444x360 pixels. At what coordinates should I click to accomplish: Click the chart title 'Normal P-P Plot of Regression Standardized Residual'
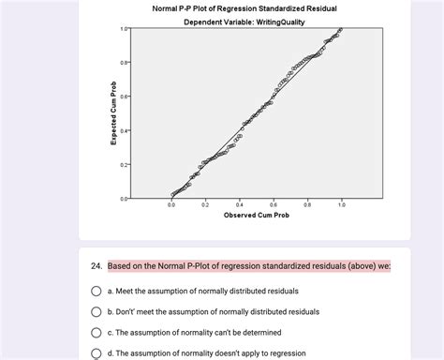(244, 8)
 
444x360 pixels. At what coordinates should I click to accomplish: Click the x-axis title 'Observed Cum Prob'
(256, 216)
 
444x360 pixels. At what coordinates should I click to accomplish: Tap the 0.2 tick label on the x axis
(205, 203)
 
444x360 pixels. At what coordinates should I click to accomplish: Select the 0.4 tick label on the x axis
(239, 203)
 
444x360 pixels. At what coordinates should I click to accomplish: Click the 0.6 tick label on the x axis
(274, 203)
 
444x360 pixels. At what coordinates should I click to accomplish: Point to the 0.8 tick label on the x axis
(307, 203)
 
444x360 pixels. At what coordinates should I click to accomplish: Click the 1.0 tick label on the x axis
(341, 203)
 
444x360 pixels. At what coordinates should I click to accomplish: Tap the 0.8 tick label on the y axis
(125, 62)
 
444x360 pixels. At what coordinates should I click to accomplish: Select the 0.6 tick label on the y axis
(125, 97)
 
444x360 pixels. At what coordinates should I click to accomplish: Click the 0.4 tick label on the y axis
(125, 130)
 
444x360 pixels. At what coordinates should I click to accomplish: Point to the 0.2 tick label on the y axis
(125, 164)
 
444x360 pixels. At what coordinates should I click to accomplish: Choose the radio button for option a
(96, 291)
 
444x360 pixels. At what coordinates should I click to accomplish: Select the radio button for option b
(96, 311)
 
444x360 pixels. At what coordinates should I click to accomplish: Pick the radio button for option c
(96, 332)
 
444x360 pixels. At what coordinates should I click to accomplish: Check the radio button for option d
(96, 352)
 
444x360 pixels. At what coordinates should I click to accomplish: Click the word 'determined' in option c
(258, 332)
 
